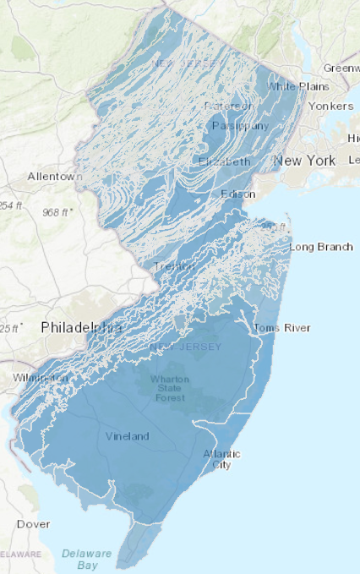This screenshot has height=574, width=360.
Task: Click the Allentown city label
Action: (x=55, y=177)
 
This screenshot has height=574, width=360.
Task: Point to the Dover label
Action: (x=33, y=524)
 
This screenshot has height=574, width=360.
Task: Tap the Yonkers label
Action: (x=330, y=107)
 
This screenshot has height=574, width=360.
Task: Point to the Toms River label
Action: (x=282, y=328)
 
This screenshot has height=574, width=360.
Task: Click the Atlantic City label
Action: (x=221, y=460)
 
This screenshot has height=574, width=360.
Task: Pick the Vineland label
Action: (x=128, y=436)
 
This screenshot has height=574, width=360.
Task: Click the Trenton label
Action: (x=175, y=266)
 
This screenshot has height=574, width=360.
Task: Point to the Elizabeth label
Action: (x=225, y=161)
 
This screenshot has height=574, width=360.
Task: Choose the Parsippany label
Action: (x=241, y=126)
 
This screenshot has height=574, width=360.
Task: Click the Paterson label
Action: (x=228, y=107)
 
